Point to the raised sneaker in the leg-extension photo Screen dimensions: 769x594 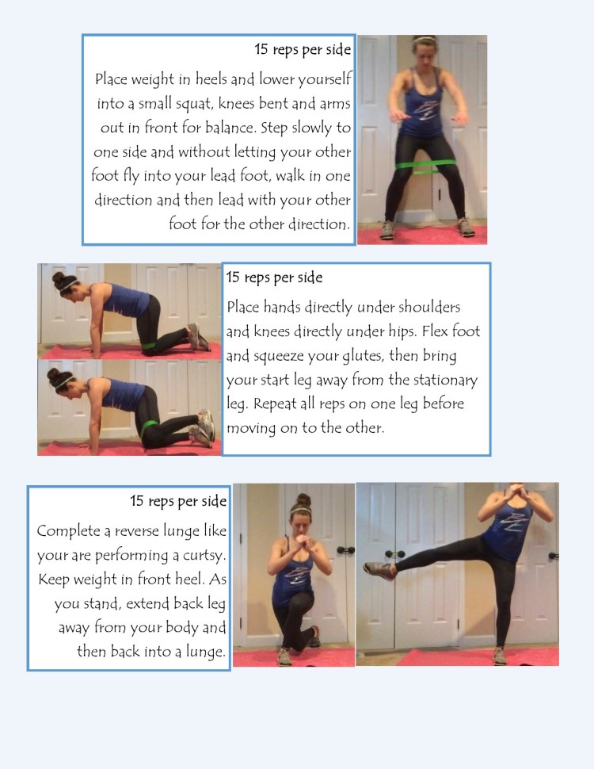pyautogui.click(x=379, y=569)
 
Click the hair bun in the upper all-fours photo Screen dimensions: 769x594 pyautogui.click(x=59, y=279)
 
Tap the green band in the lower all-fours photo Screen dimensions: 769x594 pyautogui.click(x=150, y=430)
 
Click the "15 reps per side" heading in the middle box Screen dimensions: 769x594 pyautogui.click(x=274, y=277)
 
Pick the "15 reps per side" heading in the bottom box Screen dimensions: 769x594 pyautogui.click(x=178, y=501)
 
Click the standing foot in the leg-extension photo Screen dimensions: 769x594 pyautogui.click(x=500, y=655)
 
